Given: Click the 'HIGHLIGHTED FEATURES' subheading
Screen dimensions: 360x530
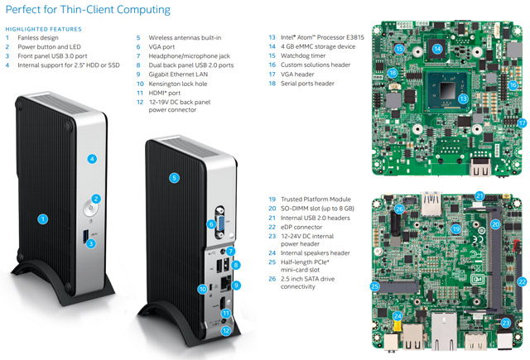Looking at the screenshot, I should pos(40,27).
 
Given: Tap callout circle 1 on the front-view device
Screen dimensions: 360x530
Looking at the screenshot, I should pos(42,219).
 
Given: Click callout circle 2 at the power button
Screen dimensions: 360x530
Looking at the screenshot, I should pos(96,199).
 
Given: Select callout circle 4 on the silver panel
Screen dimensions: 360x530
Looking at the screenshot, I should pos(93,158).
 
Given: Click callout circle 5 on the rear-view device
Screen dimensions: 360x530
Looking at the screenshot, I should pos(174,177).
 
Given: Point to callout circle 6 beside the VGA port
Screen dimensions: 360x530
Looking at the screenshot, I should pos(211,224).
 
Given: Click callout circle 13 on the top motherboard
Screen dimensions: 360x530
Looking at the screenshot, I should pos(464,98).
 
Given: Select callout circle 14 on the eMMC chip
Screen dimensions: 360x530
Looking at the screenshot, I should pos(437,49).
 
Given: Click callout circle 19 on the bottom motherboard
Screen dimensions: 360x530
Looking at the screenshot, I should pos(455,228).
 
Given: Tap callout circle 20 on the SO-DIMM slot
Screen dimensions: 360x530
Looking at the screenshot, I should pos(496,224).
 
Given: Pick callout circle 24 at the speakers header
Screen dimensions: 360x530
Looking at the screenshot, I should pos(397,316).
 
